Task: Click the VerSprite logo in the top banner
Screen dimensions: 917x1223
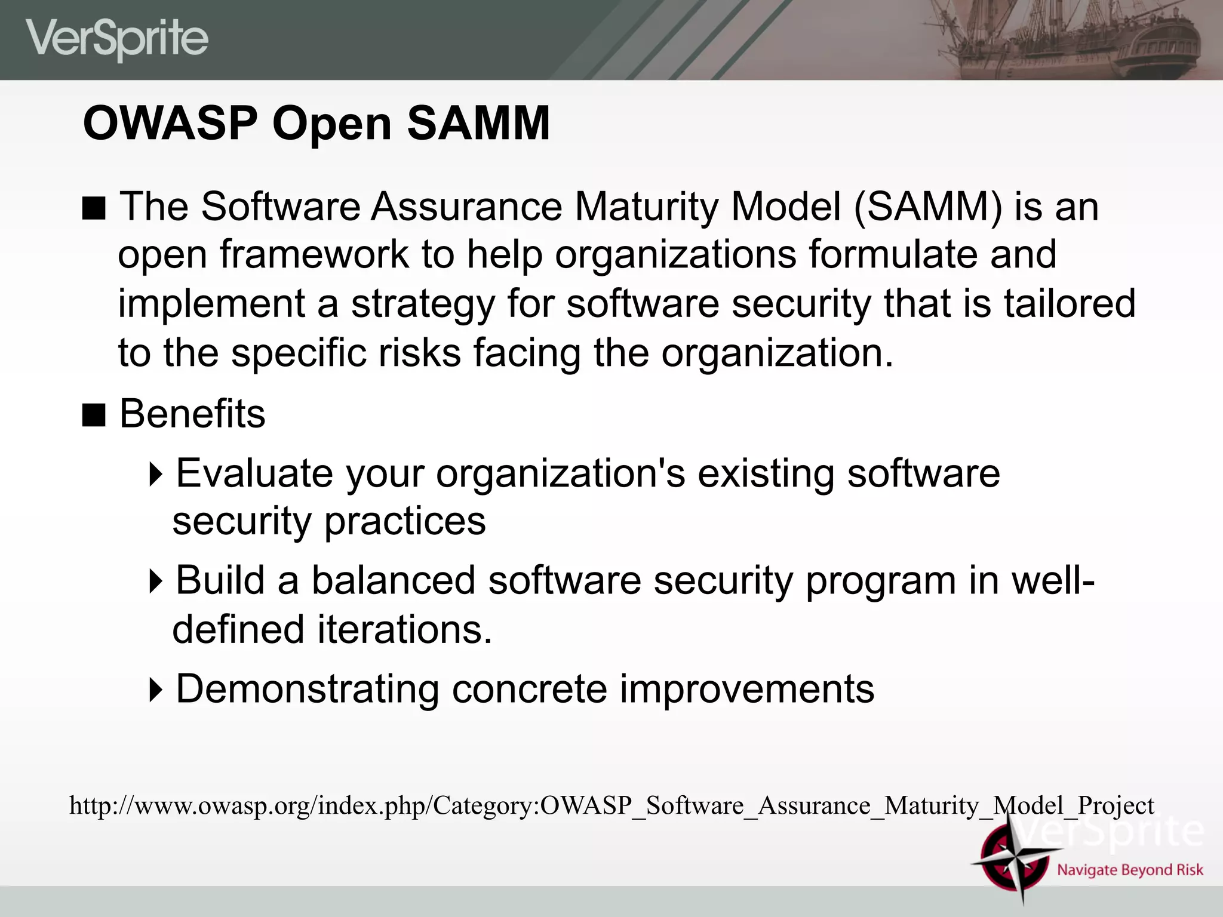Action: (x=117, y=39)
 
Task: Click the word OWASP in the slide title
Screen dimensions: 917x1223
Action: (x=170, y=124)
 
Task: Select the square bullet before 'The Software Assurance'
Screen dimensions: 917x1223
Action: (x=94, y=208)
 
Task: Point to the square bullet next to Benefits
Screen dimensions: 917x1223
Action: (x=94, y=415)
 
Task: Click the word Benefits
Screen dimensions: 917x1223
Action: (x=192, y=414)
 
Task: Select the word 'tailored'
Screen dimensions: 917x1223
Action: (x=1069, y=303)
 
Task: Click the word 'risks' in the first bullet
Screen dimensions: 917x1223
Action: (x=420, y=352)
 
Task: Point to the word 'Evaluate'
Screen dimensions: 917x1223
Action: (x=254, y=473)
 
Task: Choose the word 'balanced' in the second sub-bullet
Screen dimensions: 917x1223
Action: (x=394, y=580)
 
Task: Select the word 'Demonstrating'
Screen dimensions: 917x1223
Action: (x=307, y=689)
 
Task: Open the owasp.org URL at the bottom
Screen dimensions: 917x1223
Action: (x=611, y=806)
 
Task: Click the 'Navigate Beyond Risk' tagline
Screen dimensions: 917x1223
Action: (x=1130, y=870)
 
